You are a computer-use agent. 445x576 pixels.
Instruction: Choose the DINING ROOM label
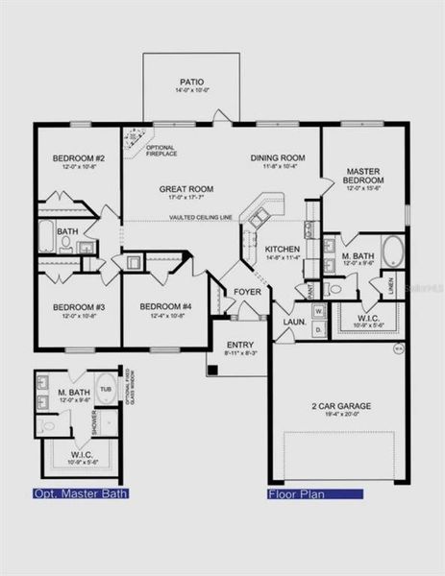(278, 157)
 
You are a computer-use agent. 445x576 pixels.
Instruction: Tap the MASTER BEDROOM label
(365, 177)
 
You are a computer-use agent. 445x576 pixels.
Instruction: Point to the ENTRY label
(239, 344)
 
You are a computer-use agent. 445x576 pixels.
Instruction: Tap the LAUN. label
(293, 309)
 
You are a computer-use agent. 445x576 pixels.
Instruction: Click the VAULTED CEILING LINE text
(202, 218)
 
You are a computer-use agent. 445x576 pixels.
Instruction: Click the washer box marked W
(318, 310)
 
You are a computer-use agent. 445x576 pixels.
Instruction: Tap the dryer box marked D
(318, 329)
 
